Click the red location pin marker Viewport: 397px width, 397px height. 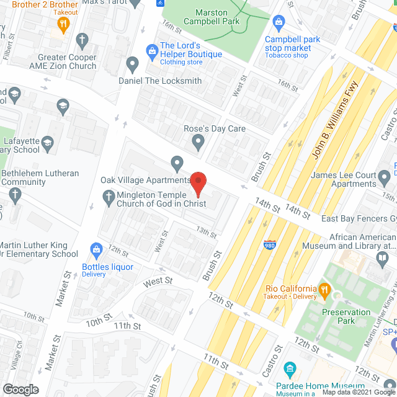198,182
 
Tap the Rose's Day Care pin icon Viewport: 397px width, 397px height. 198,144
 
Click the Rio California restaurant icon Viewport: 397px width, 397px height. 323,288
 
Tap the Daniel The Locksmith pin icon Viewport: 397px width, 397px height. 132,63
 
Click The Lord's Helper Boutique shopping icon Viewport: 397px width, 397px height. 151,49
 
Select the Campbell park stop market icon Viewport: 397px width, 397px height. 279,24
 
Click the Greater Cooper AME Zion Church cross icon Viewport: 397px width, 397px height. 81,41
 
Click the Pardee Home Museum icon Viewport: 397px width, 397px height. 289,370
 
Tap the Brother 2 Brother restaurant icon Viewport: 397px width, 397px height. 63,24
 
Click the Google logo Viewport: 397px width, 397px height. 20,389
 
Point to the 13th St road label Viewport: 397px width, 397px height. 207,233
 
